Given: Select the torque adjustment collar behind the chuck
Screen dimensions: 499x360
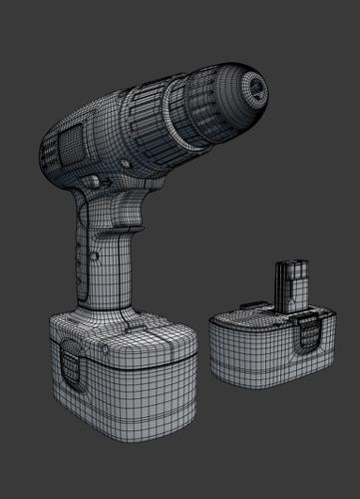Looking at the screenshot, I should [x=160, y=120].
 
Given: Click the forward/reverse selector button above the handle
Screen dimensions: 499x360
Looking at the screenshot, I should [x=96, y=183].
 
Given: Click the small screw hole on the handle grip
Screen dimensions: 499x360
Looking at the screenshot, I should [x=79, y=261].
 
